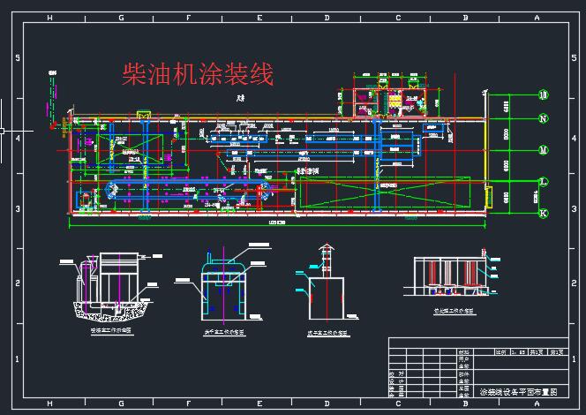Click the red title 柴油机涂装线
click(x=198, y=74)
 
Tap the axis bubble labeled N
click(x=544, y=118)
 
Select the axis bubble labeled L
click(x=544, y=182)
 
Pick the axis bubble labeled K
click(x=544, y=213)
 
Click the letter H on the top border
click(x=49, y=18)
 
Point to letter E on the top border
click(x=259, y=18)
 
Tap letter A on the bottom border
click(x=537, y=403)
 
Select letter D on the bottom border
click(x=327, y=403)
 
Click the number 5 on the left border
click(x=18, y=58)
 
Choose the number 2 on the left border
click(x=18, y=283)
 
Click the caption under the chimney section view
click(x=327, y=334)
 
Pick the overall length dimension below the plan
click(x=276, y=223)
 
